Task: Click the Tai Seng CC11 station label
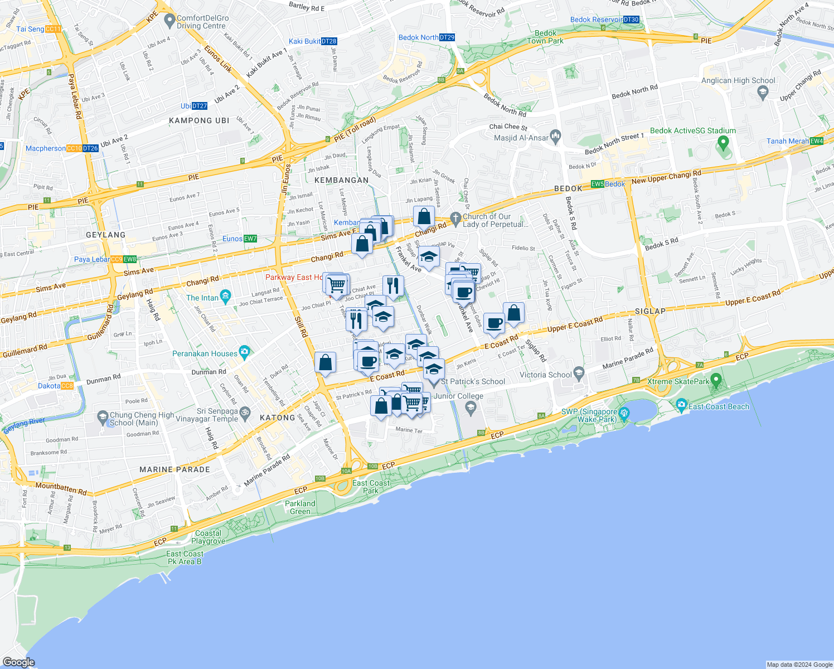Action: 38,29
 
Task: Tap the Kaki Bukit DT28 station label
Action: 312,41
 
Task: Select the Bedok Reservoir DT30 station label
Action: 604,20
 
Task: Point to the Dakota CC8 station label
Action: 55,386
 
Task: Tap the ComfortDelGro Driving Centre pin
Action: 170,21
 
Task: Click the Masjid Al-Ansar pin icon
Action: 555,135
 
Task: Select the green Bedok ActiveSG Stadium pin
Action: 723,143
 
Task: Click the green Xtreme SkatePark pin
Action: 716,381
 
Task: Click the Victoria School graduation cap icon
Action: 579,372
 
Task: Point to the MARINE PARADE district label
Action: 174,469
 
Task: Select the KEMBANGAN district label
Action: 341,180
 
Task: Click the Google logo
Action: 18,662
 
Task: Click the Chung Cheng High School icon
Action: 103,416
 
